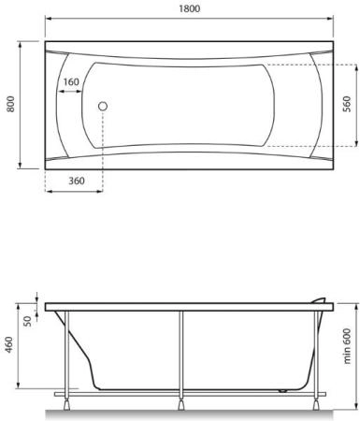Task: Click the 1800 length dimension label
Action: tap(188, 7)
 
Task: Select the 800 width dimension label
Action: tap(10, 106)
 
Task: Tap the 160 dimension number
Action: tap(70, 82)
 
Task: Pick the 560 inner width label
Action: tap(347, 106)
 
